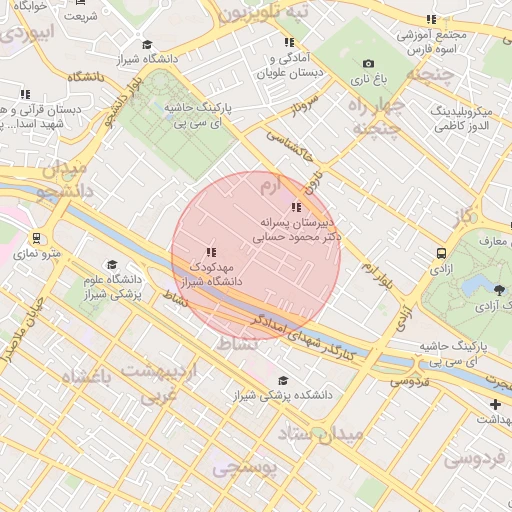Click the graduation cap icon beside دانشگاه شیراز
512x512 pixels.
click(x=148, y=44)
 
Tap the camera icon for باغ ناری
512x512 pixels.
click(x=368, y=64)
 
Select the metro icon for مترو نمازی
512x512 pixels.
click(x=37, y=239)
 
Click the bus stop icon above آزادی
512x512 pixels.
click(x=441, y=254)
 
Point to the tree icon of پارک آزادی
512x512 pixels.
click(x=499, y=291)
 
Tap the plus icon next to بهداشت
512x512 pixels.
click(x=495, y=404)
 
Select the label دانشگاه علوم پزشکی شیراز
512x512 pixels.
click(x=109, y=287)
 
